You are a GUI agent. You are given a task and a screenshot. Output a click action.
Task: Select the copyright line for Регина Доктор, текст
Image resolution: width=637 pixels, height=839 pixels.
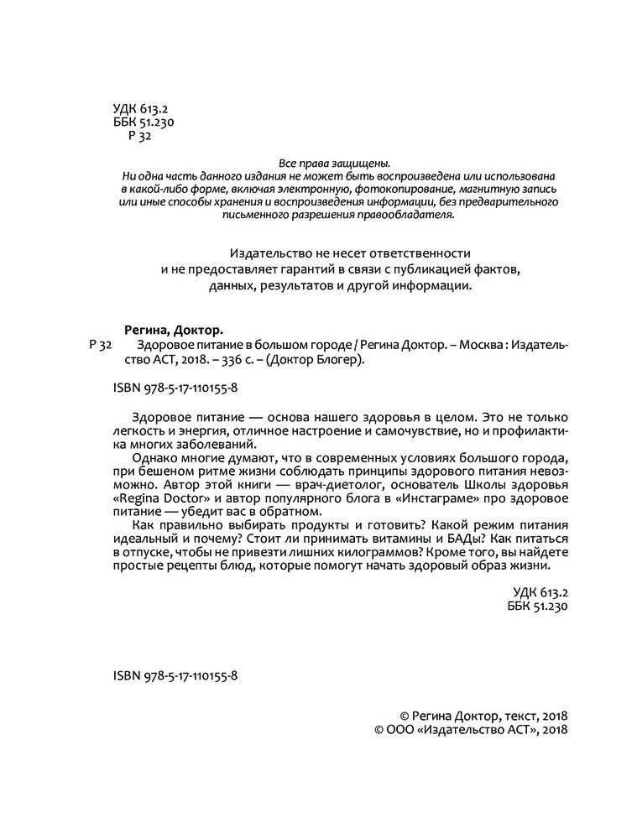pos(484,717)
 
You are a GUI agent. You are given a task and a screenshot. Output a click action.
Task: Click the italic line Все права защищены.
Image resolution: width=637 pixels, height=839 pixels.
pos(333,164)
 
